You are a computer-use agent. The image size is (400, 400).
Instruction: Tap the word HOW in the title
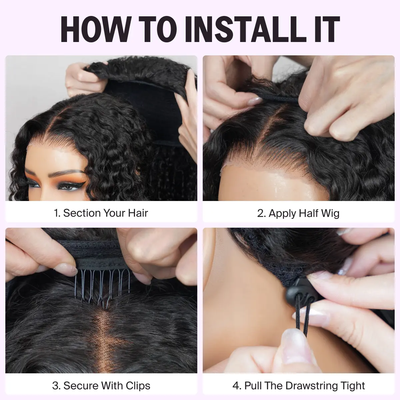point(95,29)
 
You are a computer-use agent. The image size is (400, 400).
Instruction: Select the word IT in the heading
point(327,29)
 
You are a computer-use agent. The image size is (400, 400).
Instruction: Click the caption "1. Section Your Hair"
point(101,213)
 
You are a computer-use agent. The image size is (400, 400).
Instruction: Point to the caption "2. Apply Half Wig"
point(298,213)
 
